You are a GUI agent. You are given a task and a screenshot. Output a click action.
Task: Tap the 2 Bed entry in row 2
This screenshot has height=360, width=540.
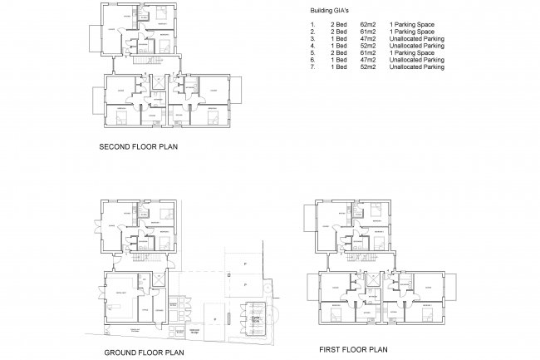[x=337, y=32]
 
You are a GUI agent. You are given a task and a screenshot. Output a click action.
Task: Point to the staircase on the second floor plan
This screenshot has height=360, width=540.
[x=155, y=63]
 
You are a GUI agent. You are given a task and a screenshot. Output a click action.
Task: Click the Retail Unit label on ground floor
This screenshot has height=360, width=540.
[x=121, y=292]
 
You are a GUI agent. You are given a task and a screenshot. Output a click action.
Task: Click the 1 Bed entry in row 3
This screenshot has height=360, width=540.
[x=337, y=38]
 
